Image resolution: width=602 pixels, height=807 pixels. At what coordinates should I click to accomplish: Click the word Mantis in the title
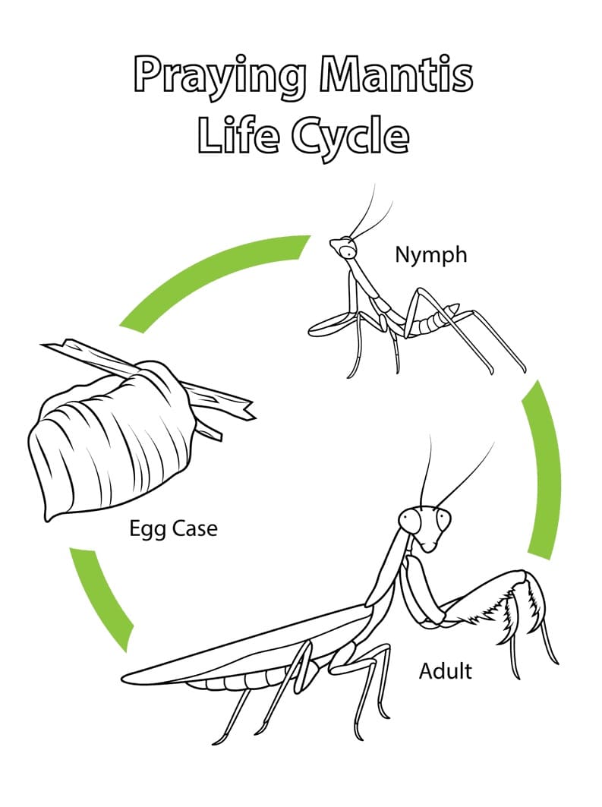(396, 75)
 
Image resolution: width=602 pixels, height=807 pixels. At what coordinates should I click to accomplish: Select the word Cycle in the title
(351, 140)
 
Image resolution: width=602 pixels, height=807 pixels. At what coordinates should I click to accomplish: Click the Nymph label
(431, 255)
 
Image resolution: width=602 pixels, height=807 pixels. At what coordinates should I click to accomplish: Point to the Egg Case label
(173, 529)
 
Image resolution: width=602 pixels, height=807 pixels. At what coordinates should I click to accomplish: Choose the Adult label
(445, 670)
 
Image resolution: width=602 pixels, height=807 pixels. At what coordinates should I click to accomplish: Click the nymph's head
(344, 248)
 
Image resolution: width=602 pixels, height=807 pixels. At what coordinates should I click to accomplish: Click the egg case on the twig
(111, 443)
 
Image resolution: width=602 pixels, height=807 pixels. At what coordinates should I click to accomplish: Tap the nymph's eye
(349, 252)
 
